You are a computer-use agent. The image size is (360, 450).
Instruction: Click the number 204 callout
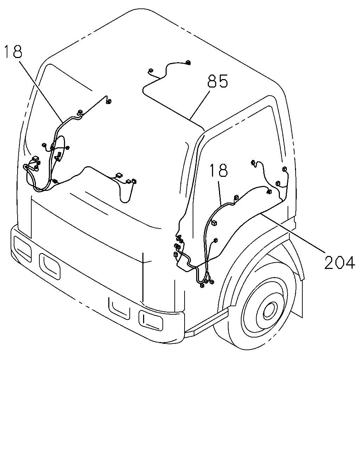[x=339, y=262]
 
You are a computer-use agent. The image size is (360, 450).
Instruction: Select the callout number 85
[x=218, y=81]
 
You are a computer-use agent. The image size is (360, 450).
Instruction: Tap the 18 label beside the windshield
[x=13, y=51]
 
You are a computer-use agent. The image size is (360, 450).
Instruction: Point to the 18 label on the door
[x=219, y=171]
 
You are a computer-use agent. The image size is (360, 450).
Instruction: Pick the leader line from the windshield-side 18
[x=40, y=91]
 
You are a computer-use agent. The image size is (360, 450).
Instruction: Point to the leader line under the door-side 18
[x=220, y=193]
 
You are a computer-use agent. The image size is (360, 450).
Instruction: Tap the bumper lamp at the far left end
[x=22, y=249]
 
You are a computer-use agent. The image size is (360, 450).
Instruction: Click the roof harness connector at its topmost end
[x=188, y=63]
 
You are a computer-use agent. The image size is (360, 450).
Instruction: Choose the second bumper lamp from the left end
[x=50, y=266]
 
